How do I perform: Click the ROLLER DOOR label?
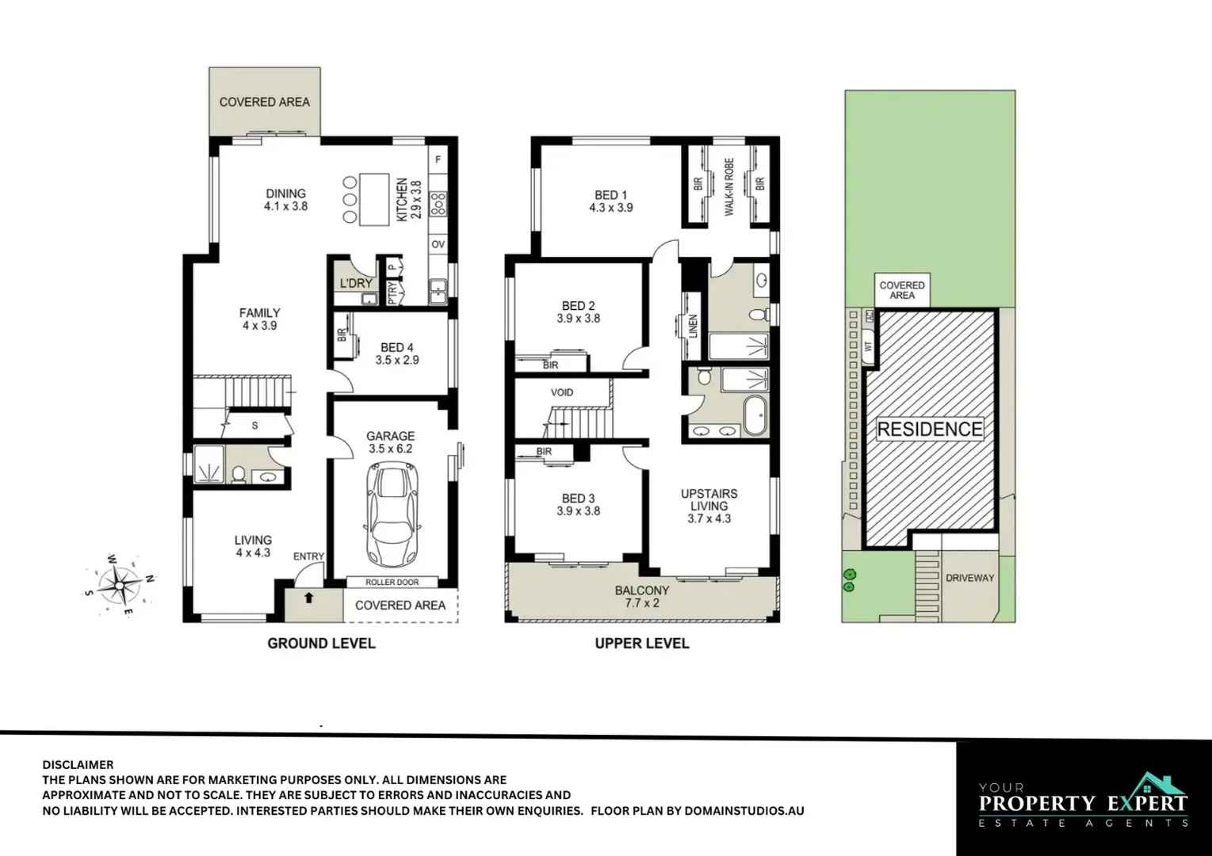[391, 582]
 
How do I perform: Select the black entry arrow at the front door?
[308, 598]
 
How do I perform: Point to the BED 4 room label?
[396, 347]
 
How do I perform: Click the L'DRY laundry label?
[356, 283]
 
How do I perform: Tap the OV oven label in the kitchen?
[438, 245]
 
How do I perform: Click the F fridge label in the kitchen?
[438, 160]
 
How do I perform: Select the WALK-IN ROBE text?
[729, 186]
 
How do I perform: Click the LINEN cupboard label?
[692, 326]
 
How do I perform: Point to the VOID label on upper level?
[561, 392]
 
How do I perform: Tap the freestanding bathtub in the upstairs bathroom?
[755, 413]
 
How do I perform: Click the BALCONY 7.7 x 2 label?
[642, 596]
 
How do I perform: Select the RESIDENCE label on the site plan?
[930, 430]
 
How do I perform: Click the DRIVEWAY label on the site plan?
[969, 578]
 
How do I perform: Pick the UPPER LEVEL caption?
[642, 643]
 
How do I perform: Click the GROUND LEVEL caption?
[321, 643]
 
